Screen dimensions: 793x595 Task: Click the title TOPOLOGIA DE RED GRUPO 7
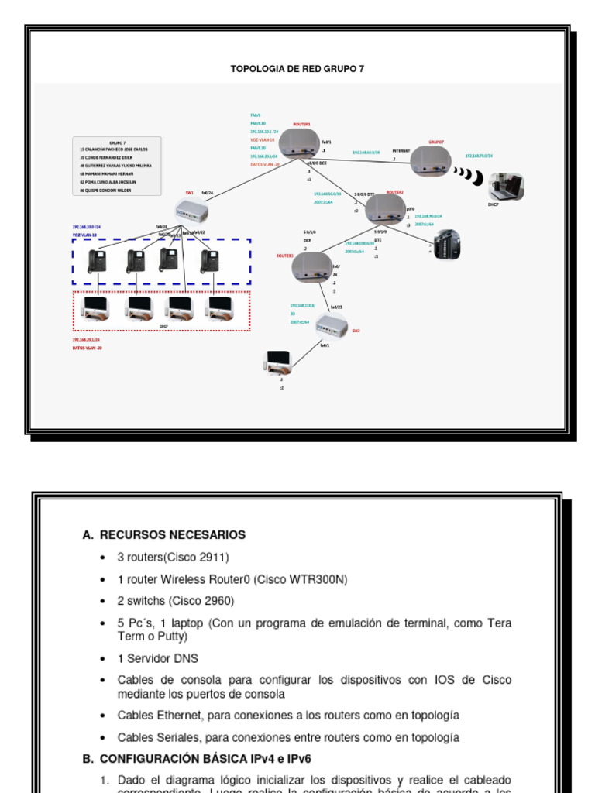pyautogui.click(x=297, y=69)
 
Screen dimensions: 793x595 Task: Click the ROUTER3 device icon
pyautogui.click(x=311, y=267)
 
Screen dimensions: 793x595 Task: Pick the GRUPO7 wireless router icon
pyautogui.click(x=431, y=161)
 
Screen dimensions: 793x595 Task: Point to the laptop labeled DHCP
pyautogui.click(x=506, y=187)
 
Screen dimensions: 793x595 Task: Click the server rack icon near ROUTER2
pyautogui.click(x=447, y=244)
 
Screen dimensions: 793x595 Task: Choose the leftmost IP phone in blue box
pyautogui.click(x=97, y=261)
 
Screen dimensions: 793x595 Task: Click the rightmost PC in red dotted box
pyautogui.click(x=219, y=308)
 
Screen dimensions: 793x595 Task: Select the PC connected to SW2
pyautogui.click(x=278, y=362)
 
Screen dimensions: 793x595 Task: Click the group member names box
pyautogui.click(x=116, y=166)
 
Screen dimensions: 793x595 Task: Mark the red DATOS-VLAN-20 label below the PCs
pyautogui.click(x=88, y=348)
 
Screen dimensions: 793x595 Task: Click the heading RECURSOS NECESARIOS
pyautogui.click(x=172, y=535)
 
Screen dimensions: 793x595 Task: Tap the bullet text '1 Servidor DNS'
pyautogui.click(x=158, y=658)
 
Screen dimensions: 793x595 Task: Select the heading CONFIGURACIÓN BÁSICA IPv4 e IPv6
pyautogui.click(x=205, y=759)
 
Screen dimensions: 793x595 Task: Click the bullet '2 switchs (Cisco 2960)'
pyautogui.click(x=176, y=601)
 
